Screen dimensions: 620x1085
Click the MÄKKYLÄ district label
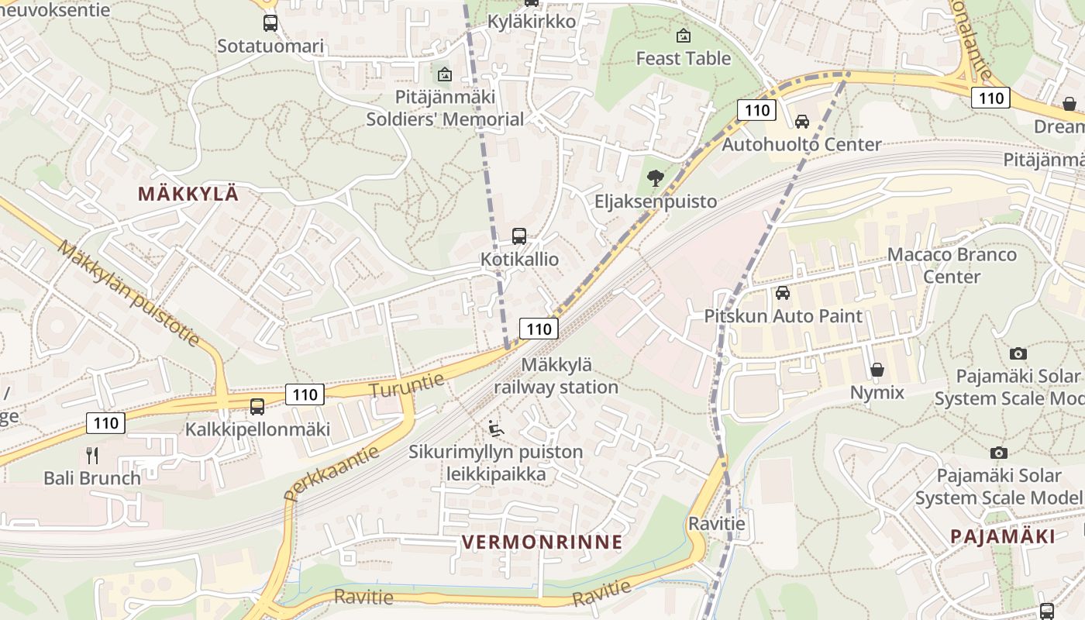(x=188, y=194)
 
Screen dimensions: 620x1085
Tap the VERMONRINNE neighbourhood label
(x=542, y=542)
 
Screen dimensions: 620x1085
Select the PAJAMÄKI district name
(x=1002, y=536)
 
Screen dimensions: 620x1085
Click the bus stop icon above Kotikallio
(x=519, y=236)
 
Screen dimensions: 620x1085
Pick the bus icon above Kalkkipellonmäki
(x=257, y=406)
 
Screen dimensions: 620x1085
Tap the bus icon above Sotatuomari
(x=270, y=23)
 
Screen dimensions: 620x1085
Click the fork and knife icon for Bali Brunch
(x=92, y=455)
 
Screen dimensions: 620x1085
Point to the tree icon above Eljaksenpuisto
(x=655, y=178)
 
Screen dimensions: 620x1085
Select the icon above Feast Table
(x=684, y=36)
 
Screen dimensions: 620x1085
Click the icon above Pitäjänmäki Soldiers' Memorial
(x=445, y=74)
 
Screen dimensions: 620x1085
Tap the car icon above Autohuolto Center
(x=802, y=122)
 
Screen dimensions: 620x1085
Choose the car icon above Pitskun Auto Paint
(x=783, y=293)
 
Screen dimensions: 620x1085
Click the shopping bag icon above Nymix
(x=877, y=370)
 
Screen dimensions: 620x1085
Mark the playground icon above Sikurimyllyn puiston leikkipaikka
(x=496, y=428)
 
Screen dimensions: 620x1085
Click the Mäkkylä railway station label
(x=556, y=376)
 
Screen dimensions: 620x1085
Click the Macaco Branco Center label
(x=952, y=265)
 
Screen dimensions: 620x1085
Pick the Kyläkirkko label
(x=532, y=21)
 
